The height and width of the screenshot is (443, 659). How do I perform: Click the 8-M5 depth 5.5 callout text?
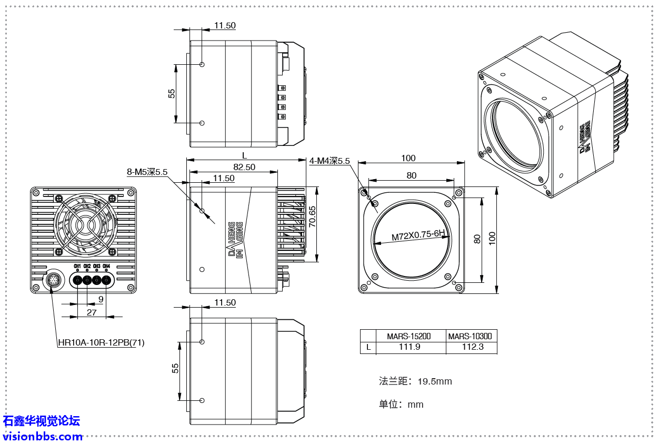147,172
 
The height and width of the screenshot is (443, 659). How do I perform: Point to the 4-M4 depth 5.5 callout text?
329,161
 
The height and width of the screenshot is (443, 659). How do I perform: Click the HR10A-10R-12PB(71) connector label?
101,342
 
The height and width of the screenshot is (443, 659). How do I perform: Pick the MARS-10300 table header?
472,336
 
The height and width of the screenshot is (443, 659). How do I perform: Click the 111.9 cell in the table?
410,347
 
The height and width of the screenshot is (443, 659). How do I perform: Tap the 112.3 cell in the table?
472,347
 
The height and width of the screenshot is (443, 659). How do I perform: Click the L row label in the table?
368,347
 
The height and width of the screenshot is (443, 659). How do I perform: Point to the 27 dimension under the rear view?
92,312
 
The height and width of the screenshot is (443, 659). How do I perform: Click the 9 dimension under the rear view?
101,299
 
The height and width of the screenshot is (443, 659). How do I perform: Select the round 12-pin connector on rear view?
53,279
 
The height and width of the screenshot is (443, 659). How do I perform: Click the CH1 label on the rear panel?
77,266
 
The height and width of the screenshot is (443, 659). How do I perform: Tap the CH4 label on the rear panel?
106,266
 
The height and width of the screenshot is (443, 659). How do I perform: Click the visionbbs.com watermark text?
43,436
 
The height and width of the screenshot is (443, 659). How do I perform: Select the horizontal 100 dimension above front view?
408,158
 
